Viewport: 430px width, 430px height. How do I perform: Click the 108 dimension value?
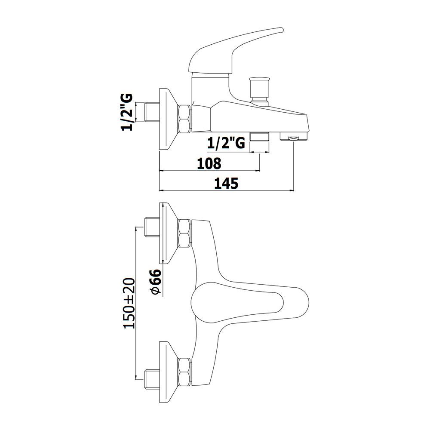tap(209, 163)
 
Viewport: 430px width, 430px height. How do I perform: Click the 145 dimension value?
tap(226, 183)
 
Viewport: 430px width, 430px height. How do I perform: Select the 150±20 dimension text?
tap(129, 303)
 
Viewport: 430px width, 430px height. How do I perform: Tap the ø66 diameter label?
tap(156, 282)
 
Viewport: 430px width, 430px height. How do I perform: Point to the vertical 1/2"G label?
tap(127, 112)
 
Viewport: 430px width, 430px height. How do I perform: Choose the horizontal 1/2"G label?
tap(226, 143)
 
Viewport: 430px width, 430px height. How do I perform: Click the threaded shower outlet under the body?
tap(259, 136)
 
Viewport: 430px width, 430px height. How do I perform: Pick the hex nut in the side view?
tap(184, 119)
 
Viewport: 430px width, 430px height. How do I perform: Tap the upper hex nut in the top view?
tap(184, 233)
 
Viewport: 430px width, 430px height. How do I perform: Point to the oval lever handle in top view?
tap(250, 302)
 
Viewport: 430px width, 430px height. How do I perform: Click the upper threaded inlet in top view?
tap(152, 227)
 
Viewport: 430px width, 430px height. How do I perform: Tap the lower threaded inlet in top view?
tap(152, 380)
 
